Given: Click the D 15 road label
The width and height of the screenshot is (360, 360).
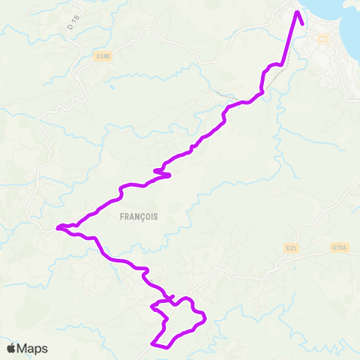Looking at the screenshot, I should [x=73, y=22].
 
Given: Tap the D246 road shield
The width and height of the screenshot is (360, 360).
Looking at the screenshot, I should [x=103, y=55].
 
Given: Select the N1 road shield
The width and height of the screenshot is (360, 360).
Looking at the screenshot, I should [x=323, y=38].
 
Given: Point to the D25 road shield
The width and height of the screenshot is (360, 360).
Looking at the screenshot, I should [x=292, y=247].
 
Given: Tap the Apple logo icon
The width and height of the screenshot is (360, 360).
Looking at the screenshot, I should [x=11, y=348].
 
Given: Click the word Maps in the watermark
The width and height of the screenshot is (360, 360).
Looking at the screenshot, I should [x=32, y=348].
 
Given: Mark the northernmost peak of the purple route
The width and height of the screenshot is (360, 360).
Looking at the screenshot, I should [x=297, y=11].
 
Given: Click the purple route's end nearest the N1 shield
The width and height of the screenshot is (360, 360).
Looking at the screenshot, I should [x=302, y=23].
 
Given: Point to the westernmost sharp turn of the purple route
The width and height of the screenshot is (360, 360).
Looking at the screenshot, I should [x=58, y=226].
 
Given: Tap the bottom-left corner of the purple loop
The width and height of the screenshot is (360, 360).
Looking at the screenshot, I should [x=153, y=343].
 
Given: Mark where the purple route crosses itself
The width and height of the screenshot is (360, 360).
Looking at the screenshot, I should [x=173, y=303].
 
